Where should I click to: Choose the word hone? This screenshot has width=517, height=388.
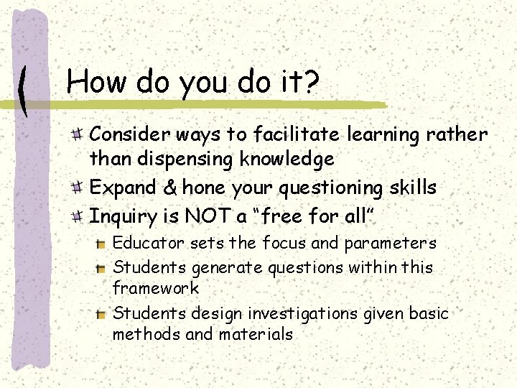click(x=202, y=188)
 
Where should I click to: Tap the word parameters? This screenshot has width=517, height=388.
click(x=391, y=244)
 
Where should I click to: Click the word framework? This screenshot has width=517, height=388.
click(x=156, y=289)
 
